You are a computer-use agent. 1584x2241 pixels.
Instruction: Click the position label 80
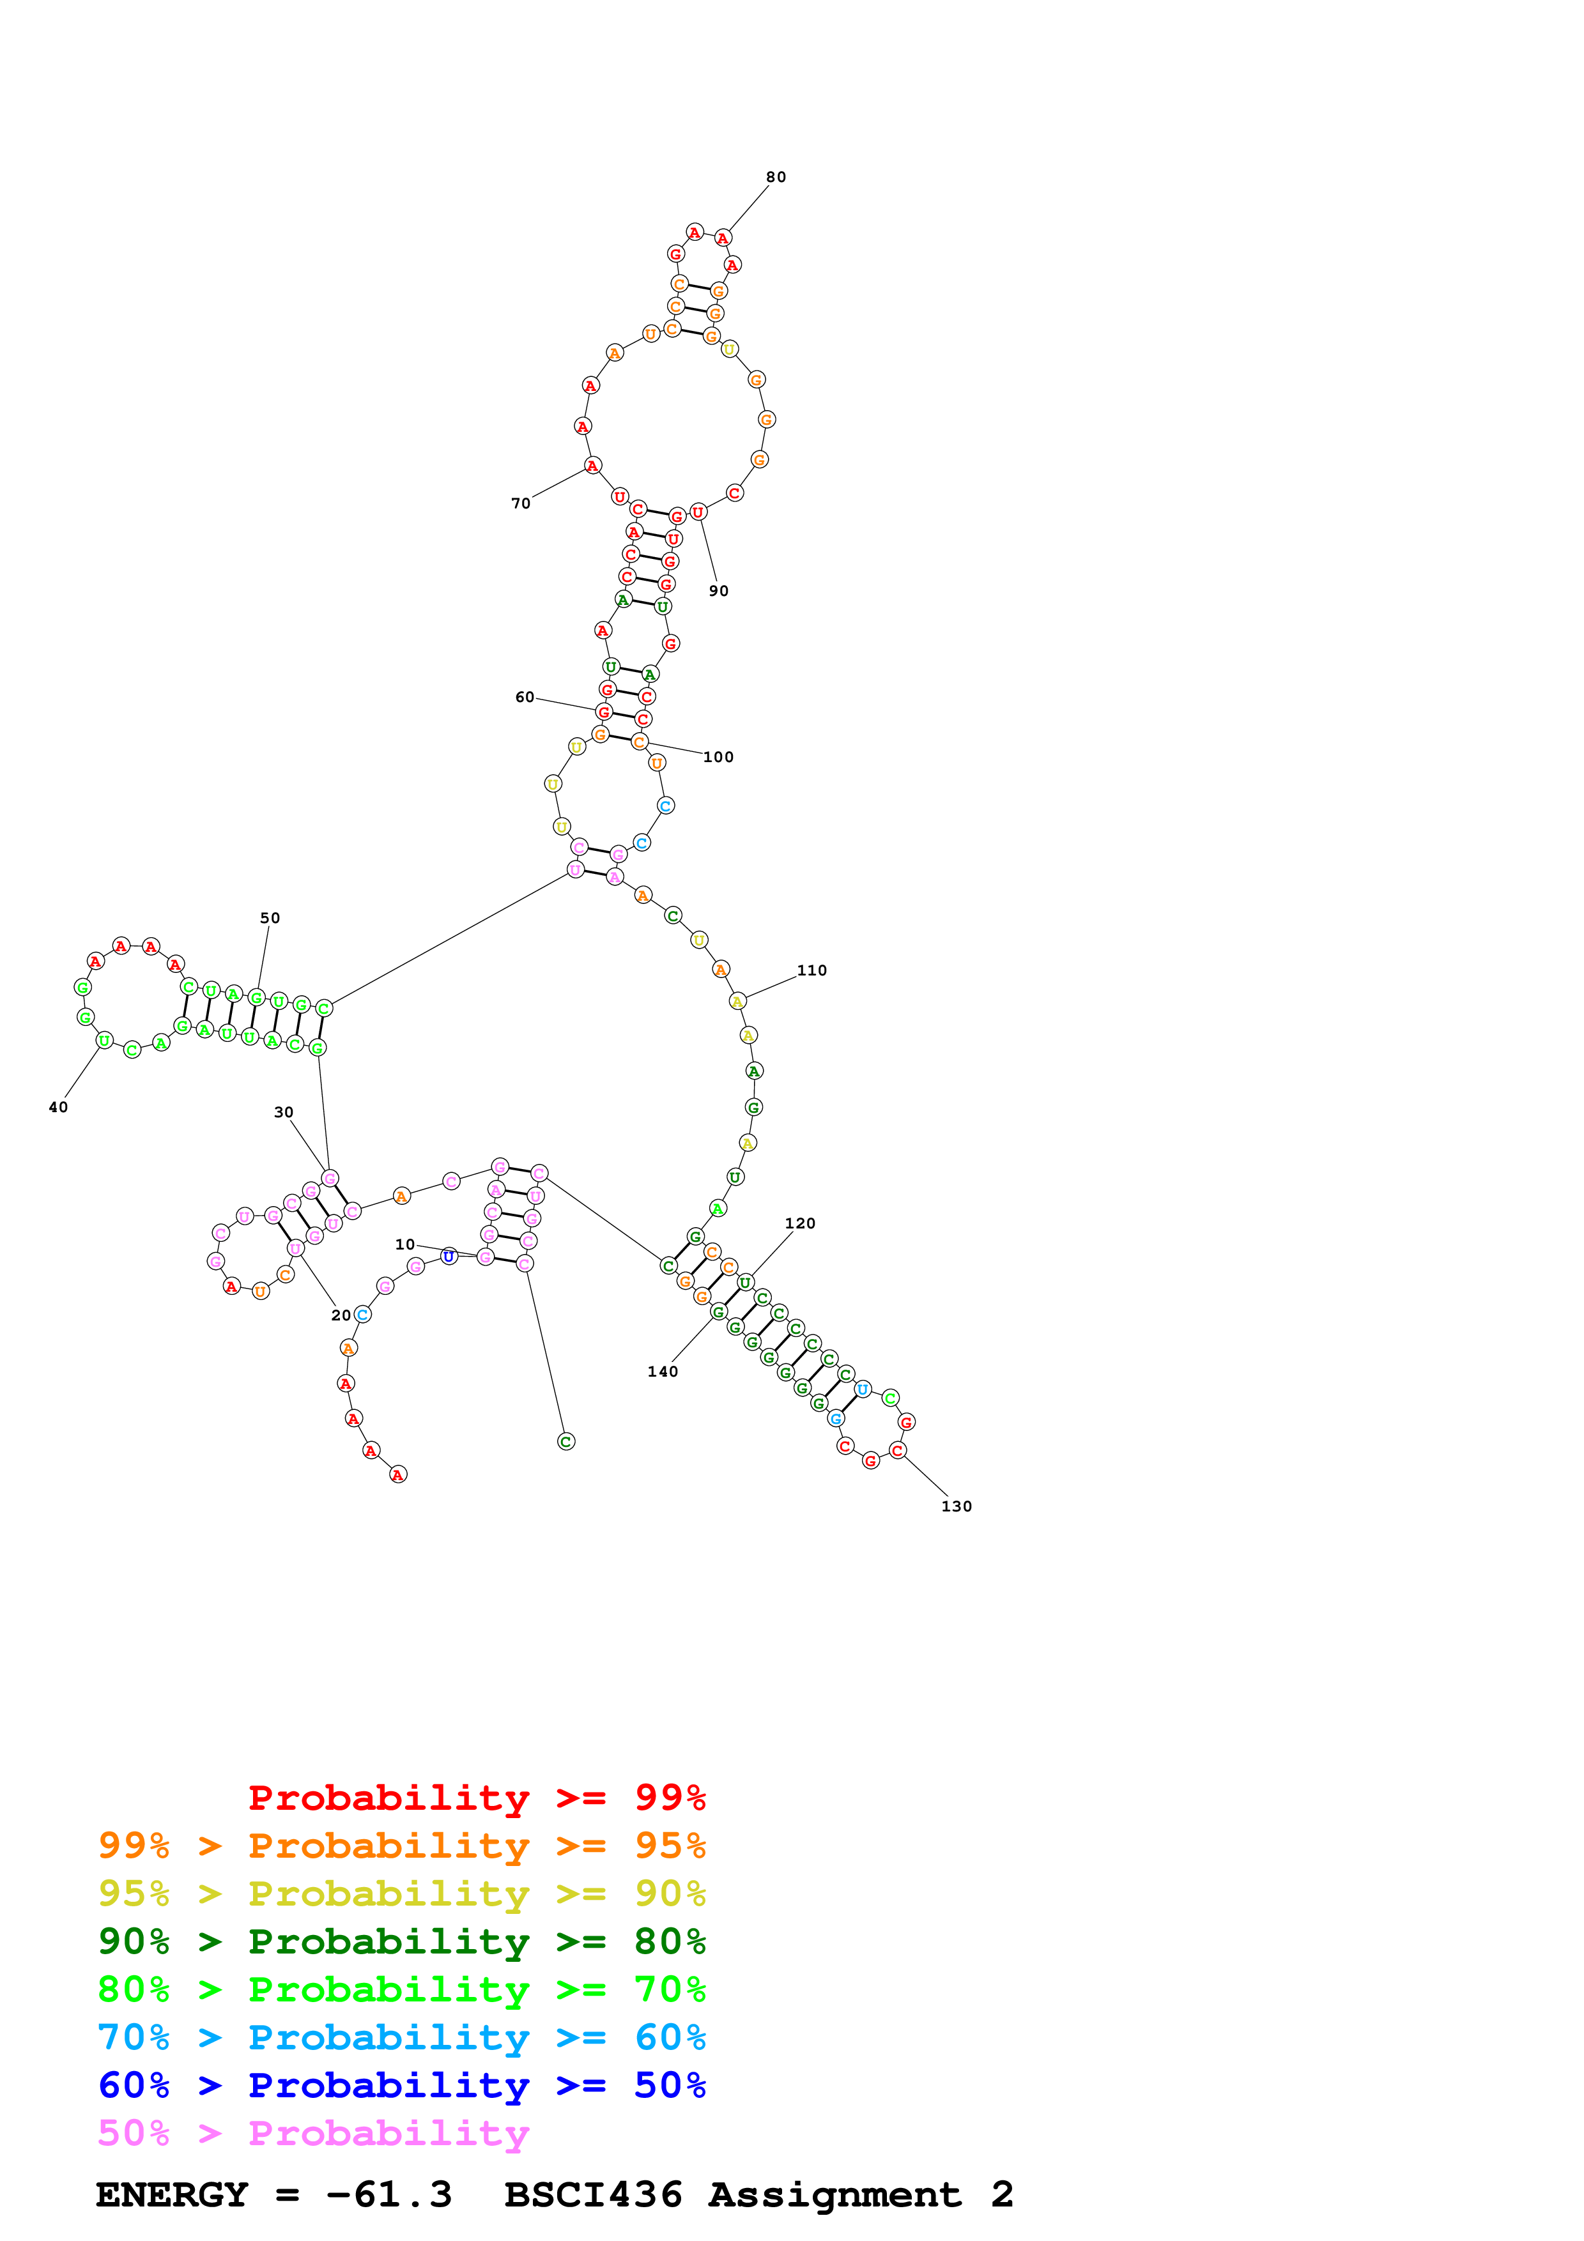point(776,177)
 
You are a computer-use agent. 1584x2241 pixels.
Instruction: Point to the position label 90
point(718,590)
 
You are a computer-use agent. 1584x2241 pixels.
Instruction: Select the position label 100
point(718,758)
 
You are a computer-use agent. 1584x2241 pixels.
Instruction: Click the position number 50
point(270,919)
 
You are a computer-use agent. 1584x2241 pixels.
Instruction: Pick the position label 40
point(59,1107)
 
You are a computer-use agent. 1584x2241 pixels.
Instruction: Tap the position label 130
point(957,1506)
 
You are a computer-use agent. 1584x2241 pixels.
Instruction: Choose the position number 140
point(663,1372)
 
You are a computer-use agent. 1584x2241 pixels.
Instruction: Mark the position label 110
point(812,970)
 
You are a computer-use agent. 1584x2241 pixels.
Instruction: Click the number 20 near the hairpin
point(341,1316)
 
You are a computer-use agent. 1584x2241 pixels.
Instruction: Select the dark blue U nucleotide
point(449,1256)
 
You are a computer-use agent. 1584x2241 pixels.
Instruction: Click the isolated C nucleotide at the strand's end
point(566,1442)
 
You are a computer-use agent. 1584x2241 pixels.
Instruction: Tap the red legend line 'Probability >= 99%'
point(477,1797)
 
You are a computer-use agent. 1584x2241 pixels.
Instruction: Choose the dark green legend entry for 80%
point(402,1941)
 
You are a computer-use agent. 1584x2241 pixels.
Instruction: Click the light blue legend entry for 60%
point(402,2037)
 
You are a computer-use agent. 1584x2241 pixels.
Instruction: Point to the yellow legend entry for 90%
point(402,1893)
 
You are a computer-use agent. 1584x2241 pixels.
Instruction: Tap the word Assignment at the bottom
point(834,2194)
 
